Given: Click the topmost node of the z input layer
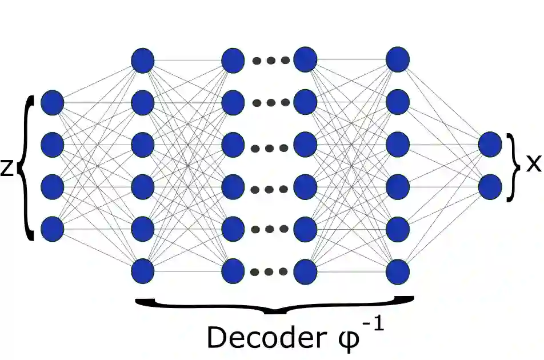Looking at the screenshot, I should point(53,103).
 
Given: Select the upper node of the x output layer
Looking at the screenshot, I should point(490,144).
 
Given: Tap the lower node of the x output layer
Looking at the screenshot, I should point(490,186).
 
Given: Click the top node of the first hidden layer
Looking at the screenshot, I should point(142,60).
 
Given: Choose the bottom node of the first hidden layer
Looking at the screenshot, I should point(142,271).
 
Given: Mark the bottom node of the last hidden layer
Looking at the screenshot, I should point(398,271).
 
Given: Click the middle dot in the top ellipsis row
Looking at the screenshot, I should point(270,61).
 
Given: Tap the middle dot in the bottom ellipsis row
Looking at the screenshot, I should point(270,271).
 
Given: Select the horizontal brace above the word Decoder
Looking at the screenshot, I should point(274,306).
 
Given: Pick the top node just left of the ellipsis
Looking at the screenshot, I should point(233,60).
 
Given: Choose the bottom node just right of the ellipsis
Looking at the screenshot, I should point(305,271).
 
